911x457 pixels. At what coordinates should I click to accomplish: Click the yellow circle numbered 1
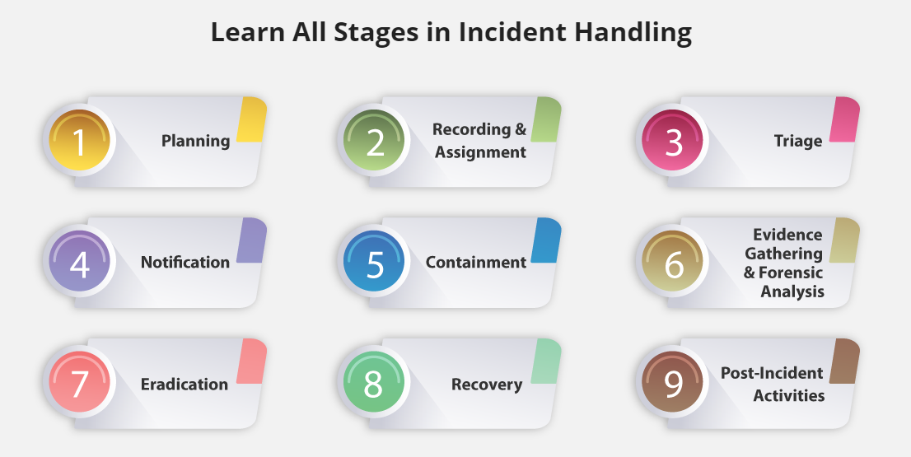tap(79, 140)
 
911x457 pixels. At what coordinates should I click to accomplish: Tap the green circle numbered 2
tap(374, 140)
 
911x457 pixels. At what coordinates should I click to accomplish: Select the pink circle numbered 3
tap(672, 140)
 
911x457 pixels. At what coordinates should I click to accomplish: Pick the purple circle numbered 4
tap(79, 261)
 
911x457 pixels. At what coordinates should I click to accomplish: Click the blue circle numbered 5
tap(374, 261)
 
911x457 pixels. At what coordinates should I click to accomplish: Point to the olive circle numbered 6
tap(672, 261)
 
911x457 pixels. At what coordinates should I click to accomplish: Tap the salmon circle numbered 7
tap(79, 382)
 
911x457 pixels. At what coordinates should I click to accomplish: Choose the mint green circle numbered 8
tap(374, 382)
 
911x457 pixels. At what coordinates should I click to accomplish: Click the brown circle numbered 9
tap(672, 382)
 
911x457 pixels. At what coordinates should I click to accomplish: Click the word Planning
tap(196, 141)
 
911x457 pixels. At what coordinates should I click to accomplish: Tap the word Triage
tap(797, 141)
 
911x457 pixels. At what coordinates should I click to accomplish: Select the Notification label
tap(185, 262)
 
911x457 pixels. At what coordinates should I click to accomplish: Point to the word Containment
tap(476, 262)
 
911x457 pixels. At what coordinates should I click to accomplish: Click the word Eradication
tap(185, 384)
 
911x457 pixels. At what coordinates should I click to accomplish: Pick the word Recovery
tap(487, 385)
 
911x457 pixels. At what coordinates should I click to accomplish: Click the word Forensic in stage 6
tap(791, 273)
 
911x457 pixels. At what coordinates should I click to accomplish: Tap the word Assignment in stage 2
tap(480, 152)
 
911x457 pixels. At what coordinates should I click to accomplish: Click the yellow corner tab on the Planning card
tap(251, 119)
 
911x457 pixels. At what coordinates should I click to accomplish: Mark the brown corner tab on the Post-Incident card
tap(844, 361)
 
